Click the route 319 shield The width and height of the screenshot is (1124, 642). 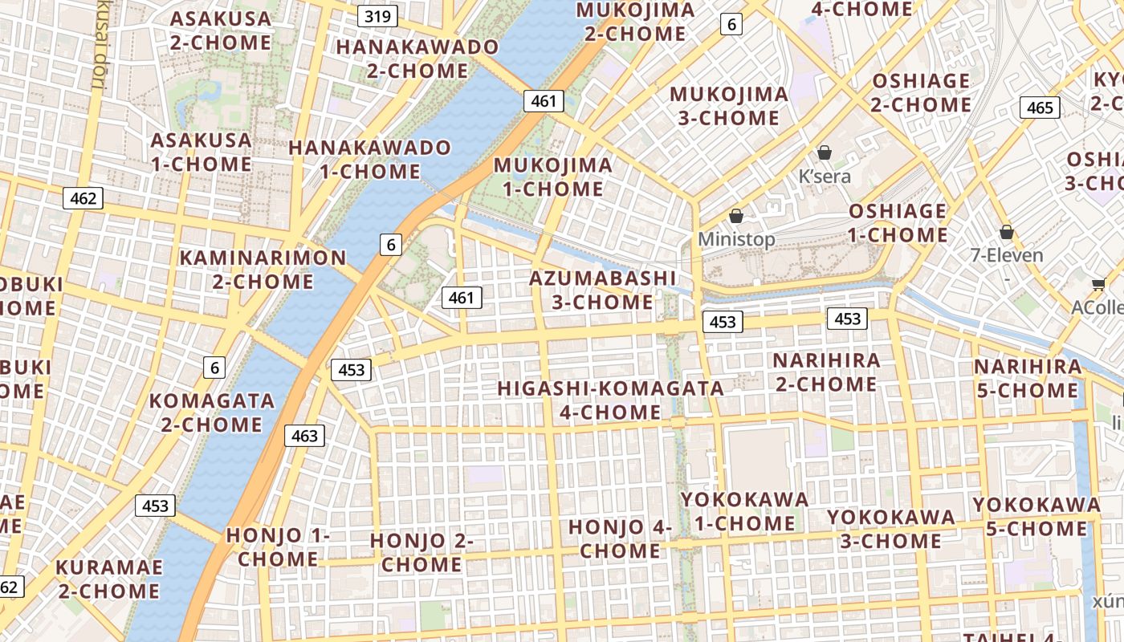[377, 16]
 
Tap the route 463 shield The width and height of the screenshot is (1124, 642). [304, 436]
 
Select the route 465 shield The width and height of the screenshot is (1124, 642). [1040, 108]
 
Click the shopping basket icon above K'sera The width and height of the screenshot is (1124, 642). [825, 152]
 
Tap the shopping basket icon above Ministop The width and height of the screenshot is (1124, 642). [736, 216]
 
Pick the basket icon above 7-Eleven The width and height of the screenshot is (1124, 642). [1007, 233]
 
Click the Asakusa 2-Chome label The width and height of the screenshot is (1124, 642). [221, 30]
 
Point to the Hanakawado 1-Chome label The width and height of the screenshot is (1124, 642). [370, 159]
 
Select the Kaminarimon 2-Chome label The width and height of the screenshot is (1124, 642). [263, 270]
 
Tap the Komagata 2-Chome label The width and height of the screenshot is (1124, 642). [212, 412]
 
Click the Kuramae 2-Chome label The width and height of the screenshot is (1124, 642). [108, 579]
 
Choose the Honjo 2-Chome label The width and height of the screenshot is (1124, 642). [421, 552]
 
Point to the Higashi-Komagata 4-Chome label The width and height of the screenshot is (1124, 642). [610, 400]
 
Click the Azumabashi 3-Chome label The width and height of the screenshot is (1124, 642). [603, 290]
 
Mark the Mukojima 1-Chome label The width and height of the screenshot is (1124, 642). [552, 177]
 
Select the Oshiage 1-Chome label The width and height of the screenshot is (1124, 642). [898, 222]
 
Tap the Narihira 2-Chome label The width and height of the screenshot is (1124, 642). [826, 372]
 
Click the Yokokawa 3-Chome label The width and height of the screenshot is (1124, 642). [891, 528]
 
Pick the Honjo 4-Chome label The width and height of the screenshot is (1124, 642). [620, 539]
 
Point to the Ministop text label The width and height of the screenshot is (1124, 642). [736, 239]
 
